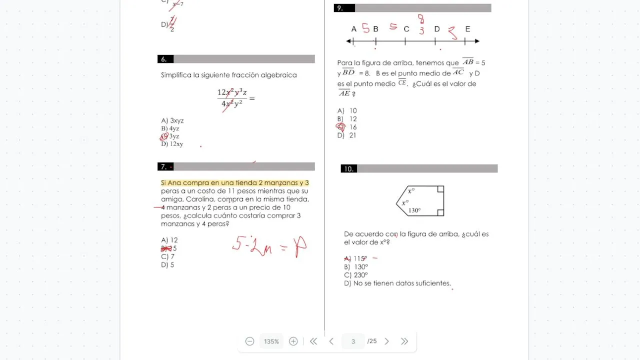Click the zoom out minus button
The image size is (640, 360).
[x=250, y=341]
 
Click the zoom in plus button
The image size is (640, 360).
[x=293, y=341]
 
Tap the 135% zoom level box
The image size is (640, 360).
[x=271, y=341]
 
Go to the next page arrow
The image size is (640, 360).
[x=386, y=341]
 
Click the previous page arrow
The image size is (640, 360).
[x=331, y=341]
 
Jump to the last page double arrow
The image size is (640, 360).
[x=404, y=341]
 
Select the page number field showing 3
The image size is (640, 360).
[x=353, y=341]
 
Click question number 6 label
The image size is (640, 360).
[x=164, y=59]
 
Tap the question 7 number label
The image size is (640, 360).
[x=164, y=166]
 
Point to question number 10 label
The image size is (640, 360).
[x=348, y=169]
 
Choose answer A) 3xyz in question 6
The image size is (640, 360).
[x=172, y=120]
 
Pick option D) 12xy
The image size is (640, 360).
[x=172, y=144]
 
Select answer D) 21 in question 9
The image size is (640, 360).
[x=347, y=135]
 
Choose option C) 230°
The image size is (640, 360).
[x=356, y=275]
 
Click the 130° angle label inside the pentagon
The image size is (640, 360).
[x=414, y=210]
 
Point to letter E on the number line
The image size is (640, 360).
[x=467, y=29]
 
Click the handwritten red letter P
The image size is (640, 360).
[x=300, y=246]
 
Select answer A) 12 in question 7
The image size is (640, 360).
[x=169, y=240]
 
